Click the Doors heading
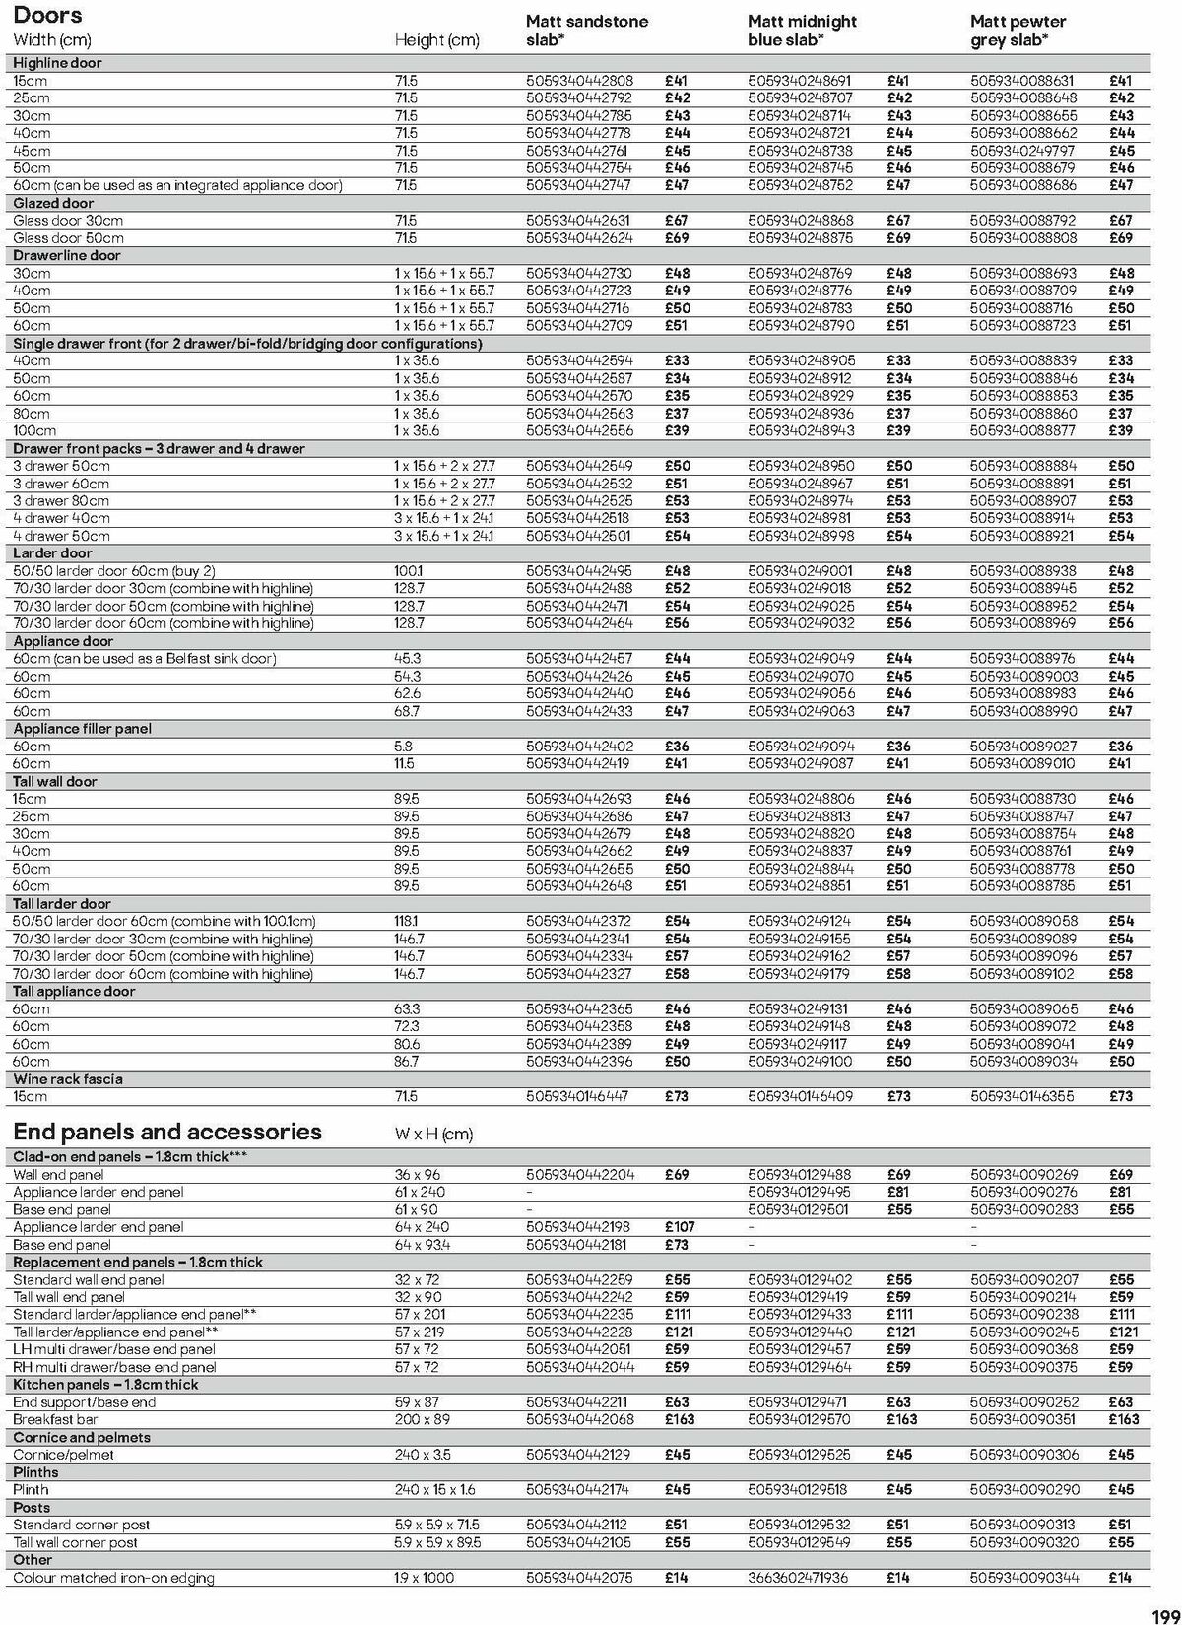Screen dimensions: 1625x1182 [x=47, y=16]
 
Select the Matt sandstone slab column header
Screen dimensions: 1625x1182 [x=587, y=31]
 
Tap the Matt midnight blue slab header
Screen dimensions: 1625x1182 [x=802, y=31]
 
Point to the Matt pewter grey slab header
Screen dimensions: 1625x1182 [x=1018, y=31]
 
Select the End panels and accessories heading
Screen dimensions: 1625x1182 [x=167, y=1132]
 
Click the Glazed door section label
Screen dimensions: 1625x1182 [x=53, y=203]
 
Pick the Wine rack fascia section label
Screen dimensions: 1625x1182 [x=68, y=1078]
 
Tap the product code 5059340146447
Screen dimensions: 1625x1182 [x=578, y=1096]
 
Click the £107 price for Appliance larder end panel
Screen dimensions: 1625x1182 [x=679, y=1227]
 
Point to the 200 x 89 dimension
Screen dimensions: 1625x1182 [x=421, y=1419]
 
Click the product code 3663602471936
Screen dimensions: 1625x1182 [x=799, y=1578]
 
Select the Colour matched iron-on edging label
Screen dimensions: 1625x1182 [x=113, y=1578]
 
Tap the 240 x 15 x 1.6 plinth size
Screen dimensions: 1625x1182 [x=433, y=1490]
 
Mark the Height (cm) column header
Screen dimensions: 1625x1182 [x=436, y=40]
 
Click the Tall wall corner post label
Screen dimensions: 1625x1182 [x=75, y=1542]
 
